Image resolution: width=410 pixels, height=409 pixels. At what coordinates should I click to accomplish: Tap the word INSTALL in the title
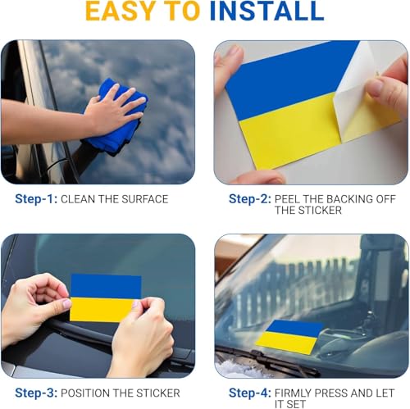click(x=266, y=11)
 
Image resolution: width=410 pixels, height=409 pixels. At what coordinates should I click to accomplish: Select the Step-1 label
click(x=36, y=199)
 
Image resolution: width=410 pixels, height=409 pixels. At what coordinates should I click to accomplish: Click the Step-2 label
click(x=250, y=199)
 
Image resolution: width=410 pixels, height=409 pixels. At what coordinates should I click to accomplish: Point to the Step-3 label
click(x=36, y=393)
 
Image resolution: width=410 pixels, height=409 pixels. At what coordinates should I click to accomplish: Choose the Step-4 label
click(x=250, y=393)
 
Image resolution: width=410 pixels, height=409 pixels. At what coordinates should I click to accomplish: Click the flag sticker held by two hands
click(x=106, y=298)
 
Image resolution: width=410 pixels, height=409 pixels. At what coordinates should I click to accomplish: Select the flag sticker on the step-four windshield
click(x=289, y=337)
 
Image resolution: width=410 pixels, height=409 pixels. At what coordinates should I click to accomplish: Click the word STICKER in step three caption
click(x=158, y=393)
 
